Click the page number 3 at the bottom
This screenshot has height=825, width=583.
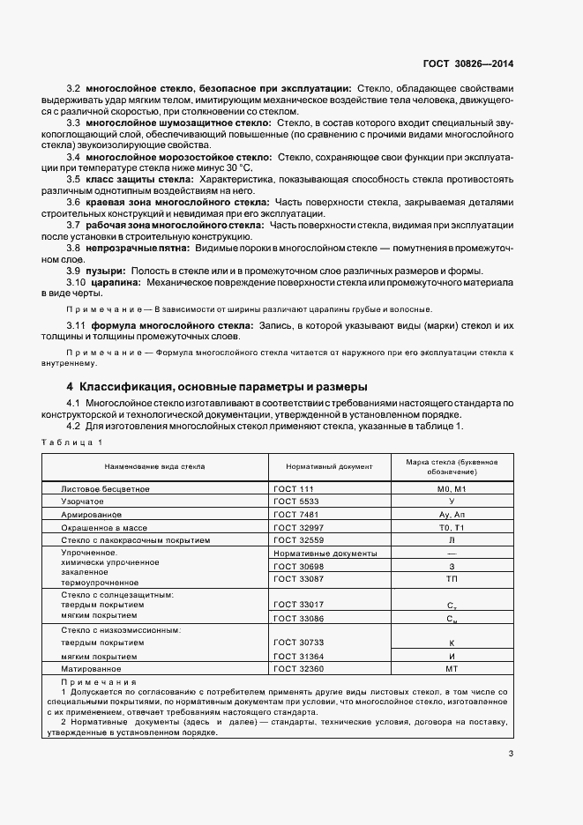tap(511, 753)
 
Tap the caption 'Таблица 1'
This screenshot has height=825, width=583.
tap(71, 442)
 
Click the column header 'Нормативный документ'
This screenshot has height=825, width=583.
tap(329, 466)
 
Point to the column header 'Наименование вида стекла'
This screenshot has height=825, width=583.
tap(155, 466)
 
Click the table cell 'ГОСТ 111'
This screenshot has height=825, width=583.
tap(293, 487)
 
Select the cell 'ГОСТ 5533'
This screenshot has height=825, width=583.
tap(295, 500)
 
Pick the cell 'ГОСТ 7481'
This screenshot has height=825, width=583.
tap(295, 513)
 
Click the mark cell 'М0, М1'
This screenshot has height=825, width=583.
tap(451, 487)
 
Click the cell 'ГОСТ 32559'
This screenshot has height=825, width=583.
tap(298, 539)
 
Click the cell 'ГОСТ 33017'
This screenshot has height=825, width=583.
tap(298, 604)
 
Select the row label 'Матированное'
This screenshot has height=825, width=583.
tap(91, 669)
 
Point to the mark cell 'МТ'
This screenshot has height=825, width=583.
tap(451, 669)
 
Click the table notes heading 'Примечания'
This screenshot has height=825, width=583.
tap(98, 682)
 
